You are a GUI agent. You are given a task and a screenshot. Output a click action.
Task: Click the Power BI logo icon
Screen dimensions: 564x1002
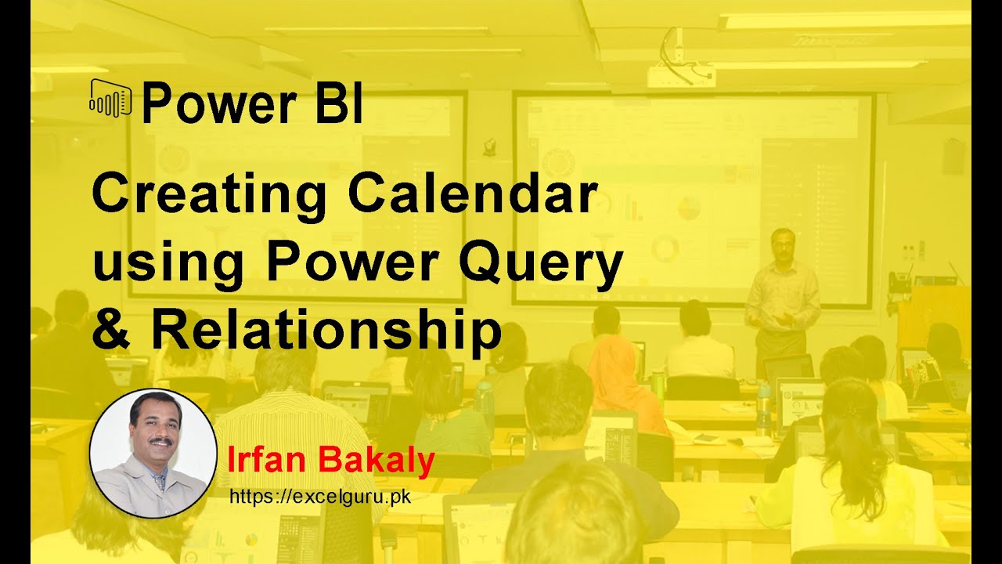pos(110,99)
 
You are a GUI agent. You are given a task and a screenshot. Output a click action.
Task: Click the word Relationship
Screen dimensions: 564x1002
pos(326,330)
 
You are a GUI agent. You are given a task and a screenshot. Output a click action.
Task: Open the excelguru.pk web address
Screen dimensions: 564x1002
pos(320,497)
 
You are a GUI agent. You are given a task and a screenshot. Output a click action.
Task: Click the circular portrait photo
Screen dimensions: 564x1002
pos(153,453)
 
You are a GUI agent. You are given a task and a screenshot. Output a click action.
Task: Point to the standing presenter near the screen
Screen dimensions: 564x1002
pos(780,298)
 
